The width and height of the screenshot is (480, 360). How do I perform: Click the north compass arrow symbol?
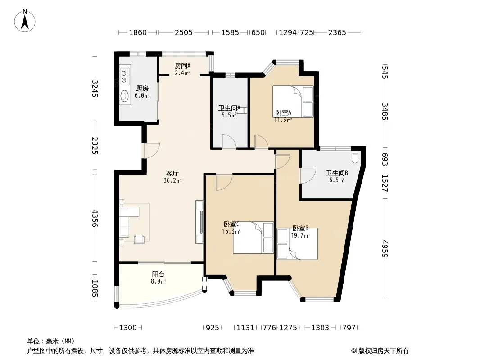coord(25,21)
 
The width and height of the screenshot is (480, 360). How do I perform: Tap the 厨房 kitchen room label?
coord(142,88)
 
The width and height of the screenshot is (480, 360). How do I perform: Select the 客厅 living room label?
coord(172,173)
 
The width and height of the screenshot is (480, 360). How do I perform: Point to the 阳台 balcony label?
coord(158,274)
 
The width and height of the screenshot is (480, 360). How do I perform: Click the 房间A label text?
coord(182,66)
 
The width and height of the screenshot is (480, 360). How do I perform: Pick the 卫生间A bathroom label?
coord(229,108)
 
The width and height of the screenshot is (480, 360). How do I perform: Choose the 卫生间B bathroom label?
coord(337,173)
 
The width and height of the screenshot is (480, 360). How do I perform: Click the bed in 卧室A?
coord(293,102)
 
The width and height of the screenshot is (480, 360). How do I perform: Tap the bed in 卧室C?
coord(253,238)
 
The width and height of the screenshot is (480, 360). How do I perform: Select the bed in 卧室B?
coord(297,244)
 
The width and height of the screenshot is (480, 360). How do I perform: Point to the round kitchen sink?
coord(124,96)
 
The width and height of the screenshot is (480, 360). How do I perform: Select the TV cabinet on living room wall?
coord(199,222)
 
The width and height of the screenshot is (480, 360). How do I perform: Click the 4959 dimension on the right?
coord(385,249)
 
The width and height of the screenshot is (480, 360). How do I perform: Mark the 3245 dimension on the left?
coord(95,89)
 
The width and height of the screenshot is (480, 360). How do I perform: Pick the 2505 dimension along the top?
coord(184,32)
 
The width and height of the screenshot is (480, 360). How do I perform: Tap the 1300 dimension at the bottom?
coord(127,328)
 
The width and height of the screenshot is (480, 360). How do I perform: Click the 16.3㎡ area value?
coord(231,232)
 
